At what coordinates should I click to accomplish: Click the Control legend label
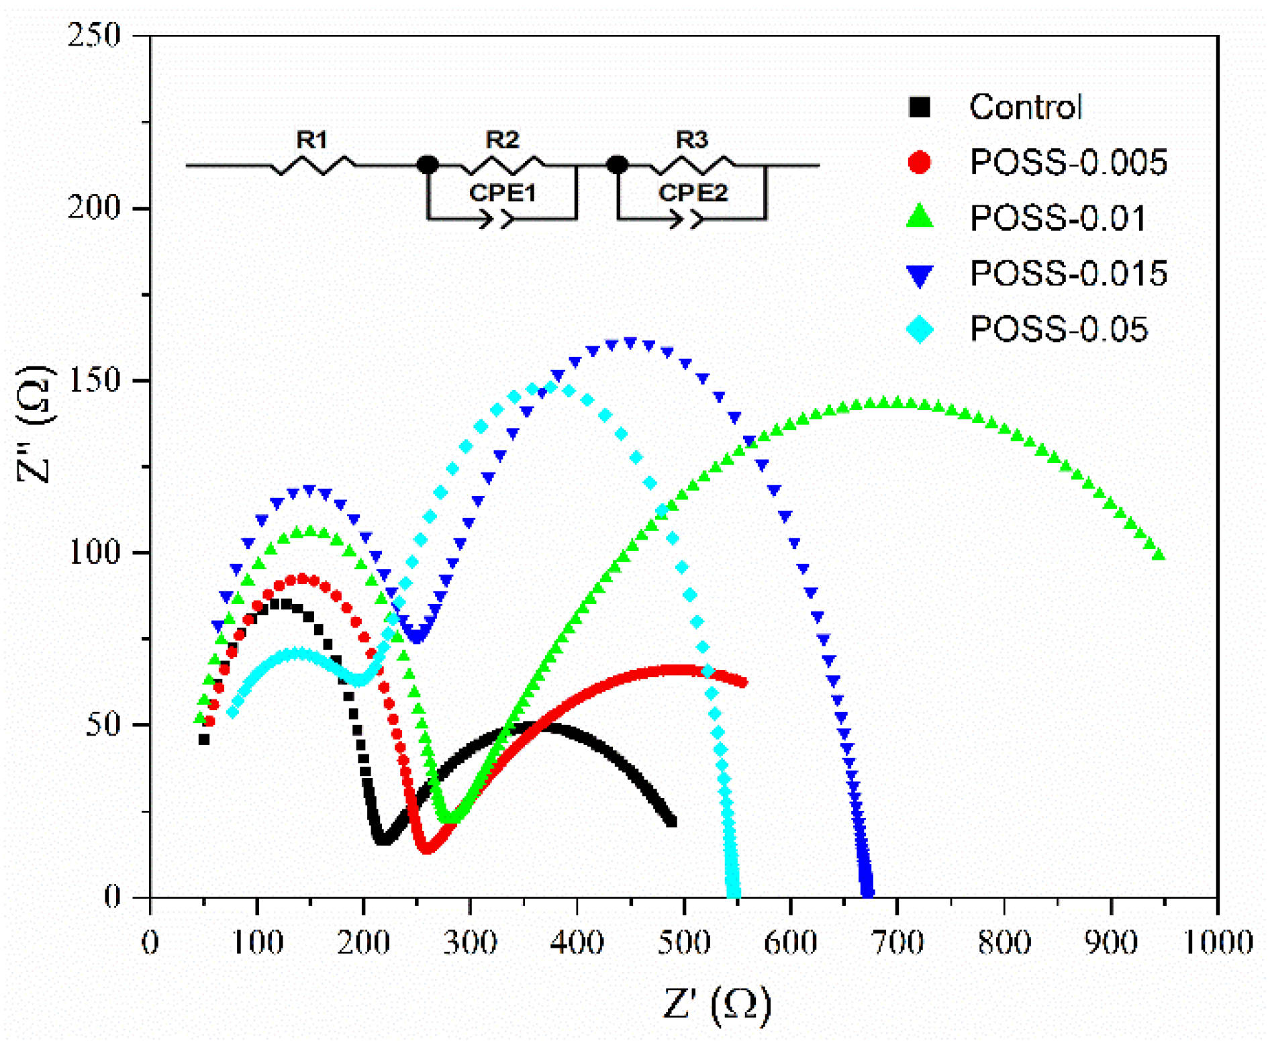tap(1025, 107)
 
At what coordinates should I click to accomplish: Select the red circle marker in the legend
tap(919, 162)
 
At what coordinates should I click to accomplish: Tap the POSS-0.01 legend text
tap(1057, 218)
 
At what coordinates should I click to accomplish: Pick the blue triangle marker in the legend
tap(919, 275)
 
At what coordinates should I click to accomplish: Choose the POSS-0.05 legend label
tap(1059, 330)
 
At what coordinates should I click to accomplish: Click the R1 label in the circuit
tap(312, 140)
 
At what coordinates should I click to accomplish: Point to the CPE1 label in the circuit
tap(502, 193)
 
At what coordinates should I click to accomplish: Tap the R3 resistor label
tap(691, 140)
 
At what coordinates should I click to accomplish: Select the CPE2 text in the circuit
tap(693, 193)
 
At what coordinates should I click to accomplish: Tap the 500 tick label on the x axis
tap(683, 942)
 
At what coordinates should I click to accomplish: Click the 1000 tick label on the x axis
tap(1216, 942)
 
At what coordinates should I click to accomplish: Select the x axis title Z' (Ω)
tap(717, 1005)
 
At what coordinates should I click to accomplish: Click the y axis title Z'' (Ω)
tap(34, 424)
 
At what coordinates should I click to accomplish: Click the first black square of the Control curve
tap(204, 740)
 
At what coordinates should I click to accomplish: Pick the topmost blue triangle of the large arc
tap(630, 343)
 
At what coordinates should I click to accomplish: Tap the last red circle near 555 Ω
tap(742, 683)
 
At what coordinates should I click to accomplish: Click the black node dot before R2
tap(428, 164)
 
